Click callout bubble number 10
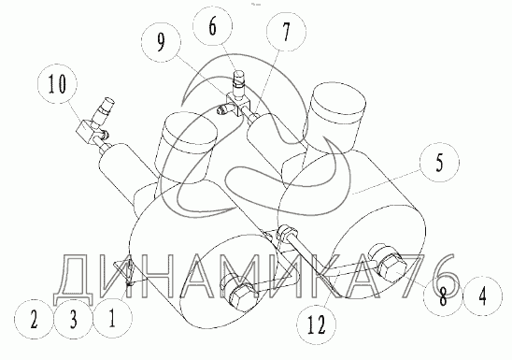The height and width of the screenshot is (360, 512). (58, 84)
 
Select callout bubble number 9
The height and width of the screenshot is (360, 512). (161, 42)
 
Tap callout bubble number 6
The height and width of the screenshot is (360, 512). (213, 26)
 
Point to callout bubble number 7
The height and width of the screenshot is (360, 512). (287, 32)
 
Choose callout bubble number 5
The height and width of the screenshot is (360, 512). (439, 162)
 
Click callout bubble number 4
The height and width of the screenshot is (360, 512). (482, 296)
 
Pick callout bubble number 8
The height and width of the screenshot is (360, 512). (443, 296)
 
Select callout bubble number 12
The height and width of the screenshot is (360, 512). (317, 324)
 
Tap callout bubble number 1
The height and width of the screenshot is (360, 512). (113, 319)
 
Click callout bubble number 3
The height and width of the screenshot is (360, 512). (73, 319)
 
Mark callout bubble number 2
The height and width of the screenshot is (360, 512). (34, 320)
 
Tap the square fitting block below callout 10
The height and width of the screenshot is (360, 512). (86, 132)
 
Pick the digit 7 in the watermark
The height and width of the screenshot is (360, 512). (417, 277)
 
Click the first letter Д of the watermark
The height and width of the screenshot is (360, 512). (74, 280)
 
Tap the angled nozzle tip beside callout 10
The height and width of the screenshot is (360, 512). (104, 108)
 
